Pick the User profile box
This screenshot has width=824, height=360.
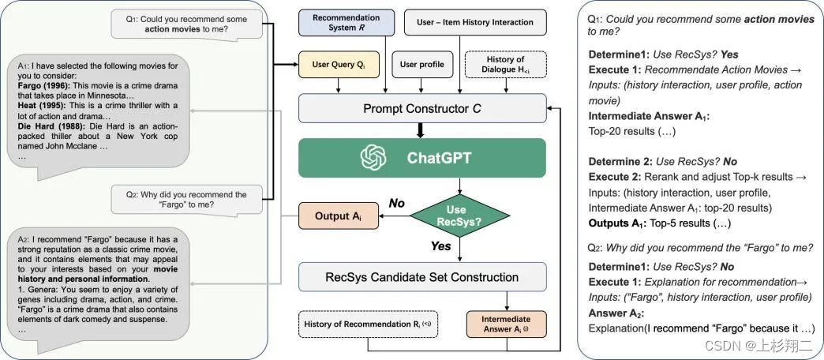tap(421, 65)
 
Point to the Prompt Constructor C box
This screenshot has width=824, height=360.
tap(421, 107)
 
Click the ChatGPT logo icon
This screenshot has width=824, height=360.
tap(372, 158)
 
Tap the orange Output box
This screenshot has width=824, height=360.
tap(333, 216)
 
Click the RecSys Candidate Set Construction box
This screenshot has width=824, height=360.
tap(422, 277)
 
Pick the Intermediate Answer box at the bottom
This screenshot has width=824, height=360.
tap(505, 324)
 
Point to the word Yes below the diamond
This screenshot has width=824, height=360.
tap(441, 246)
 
